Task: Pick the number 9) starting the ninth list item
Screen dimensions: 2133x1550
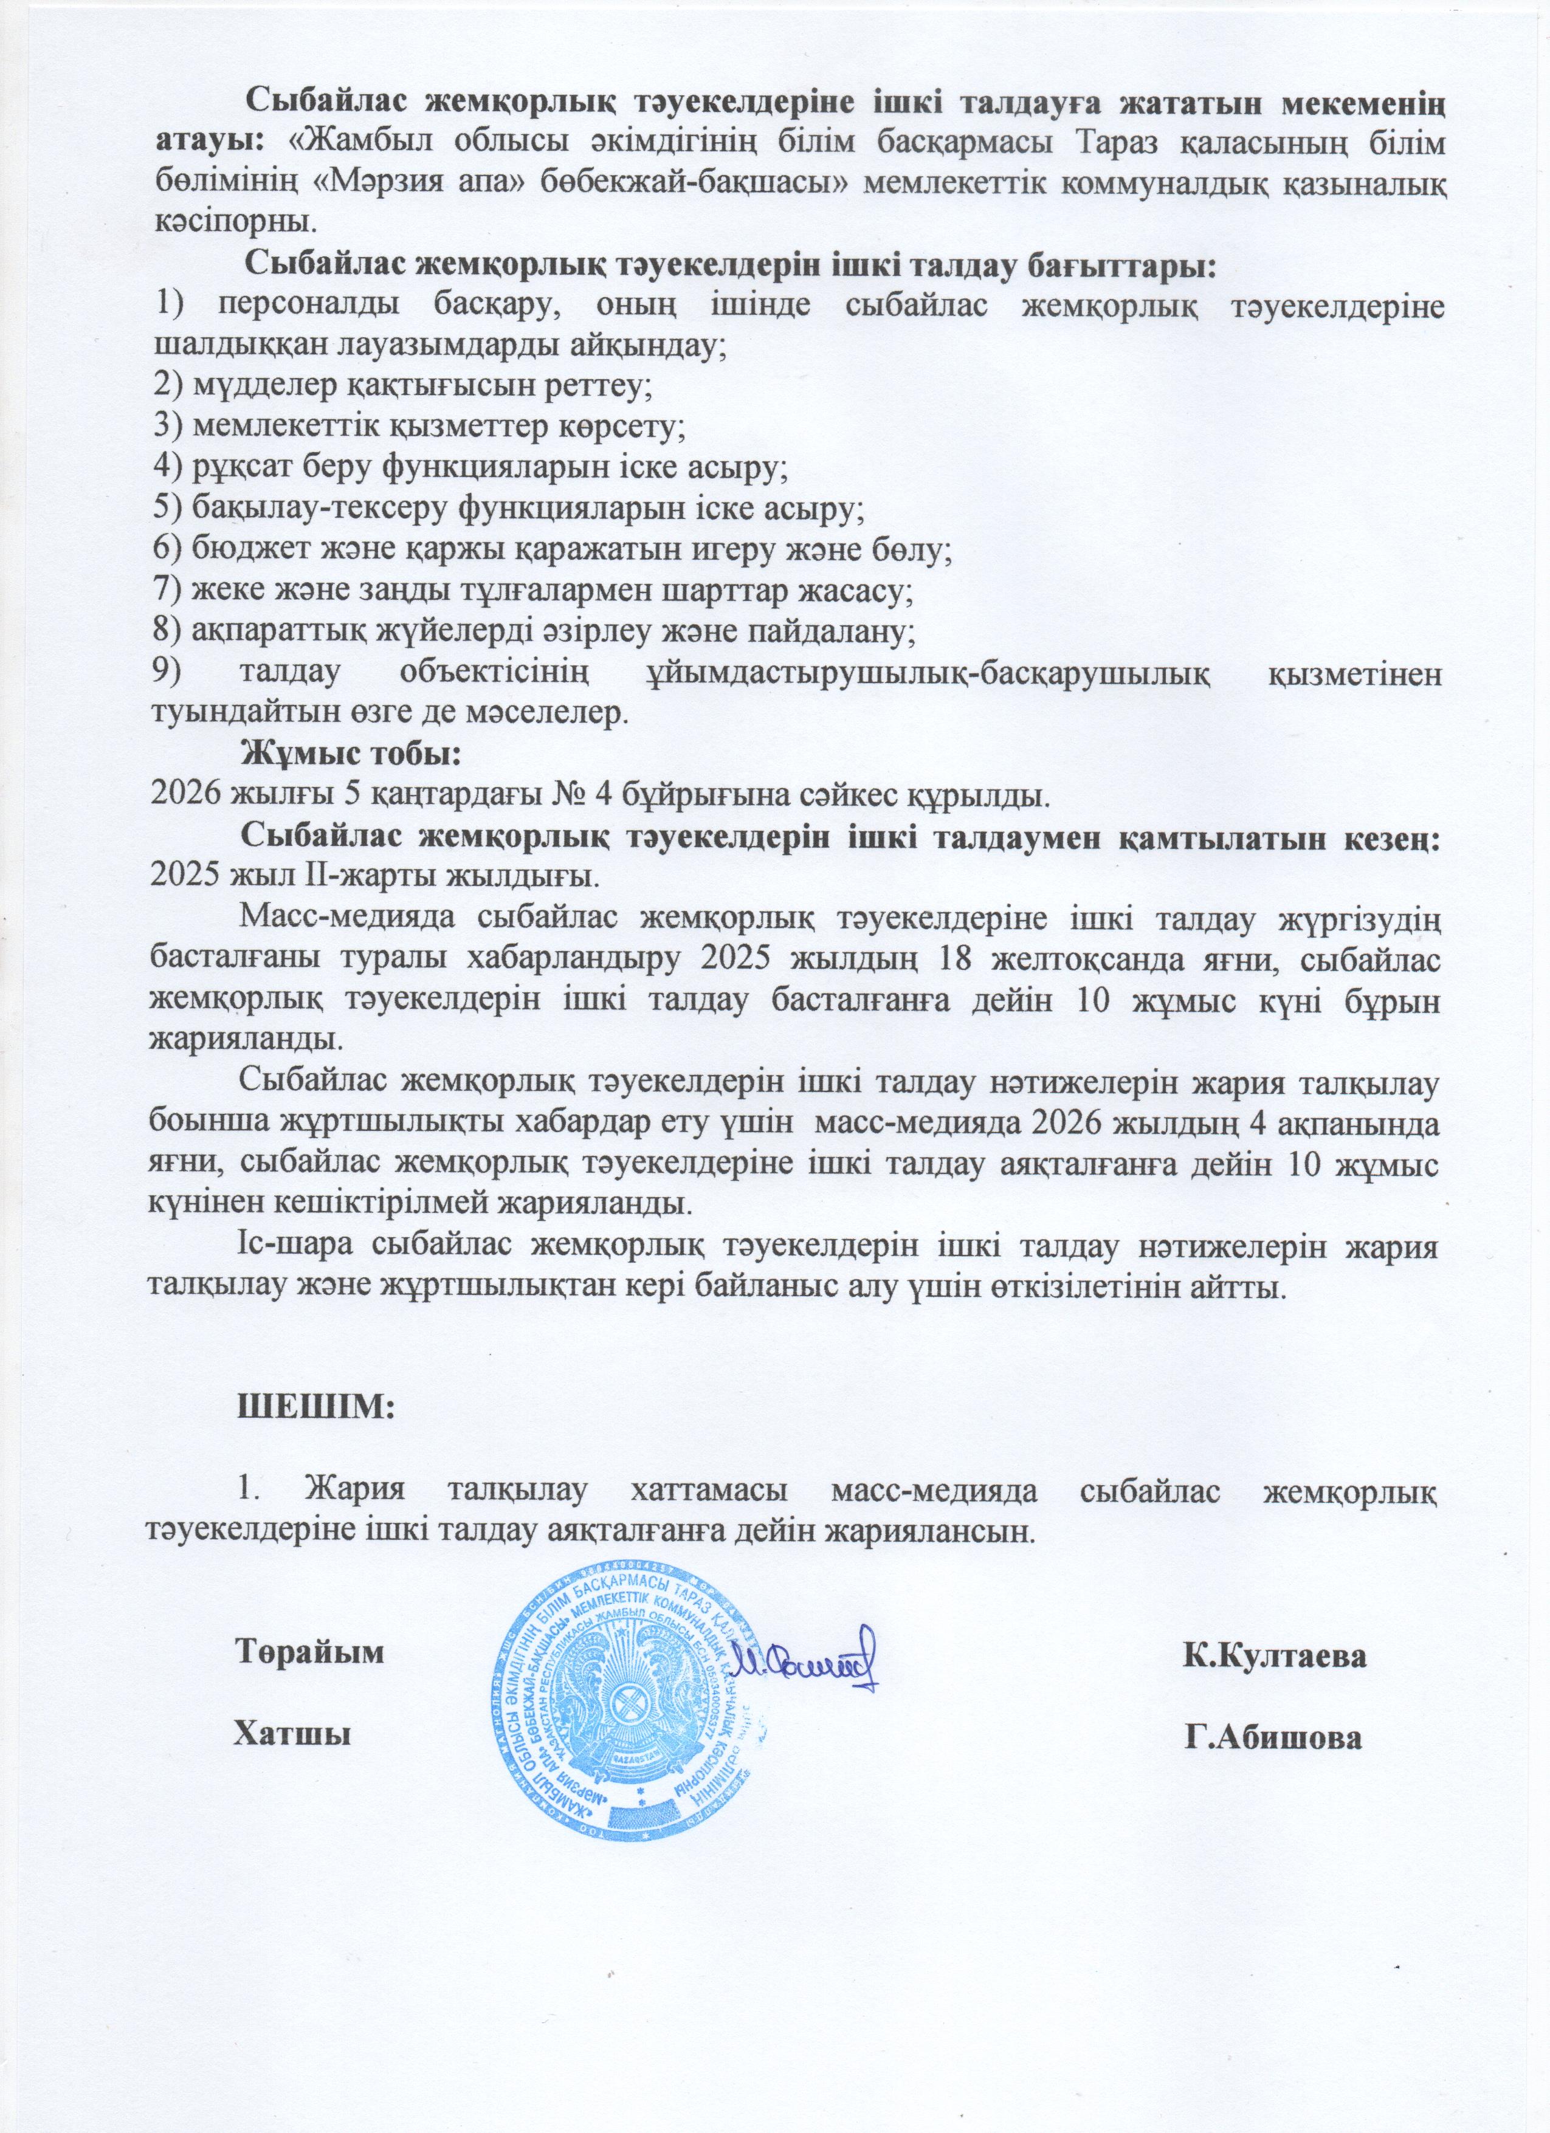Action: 170,673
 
